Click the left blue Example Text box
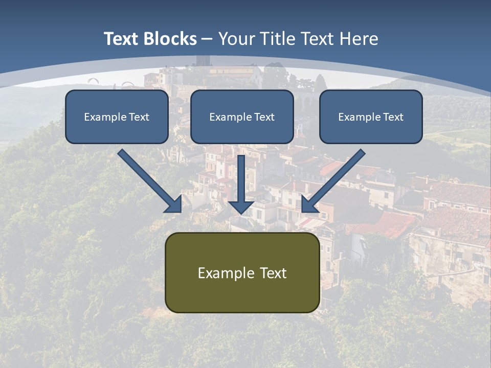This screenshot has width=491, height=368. (117, 117)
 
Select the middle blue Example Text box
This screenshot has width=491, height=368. (242, 117)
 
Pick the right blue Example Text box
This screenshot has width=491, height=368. (371, 117)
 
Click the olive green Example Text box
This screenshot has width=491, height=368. (242, 272)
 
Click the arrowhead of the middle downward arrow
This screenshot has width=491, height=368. (241, 206)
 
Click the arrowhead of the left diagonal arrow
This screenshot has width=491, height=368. (174, 204)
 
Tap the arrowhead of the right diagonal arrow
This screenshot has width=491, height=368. (309, 204)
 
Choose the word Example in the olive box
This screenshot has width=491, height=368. (226, 273)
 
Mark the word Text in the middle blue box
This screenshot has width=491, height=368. (264, 117)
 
